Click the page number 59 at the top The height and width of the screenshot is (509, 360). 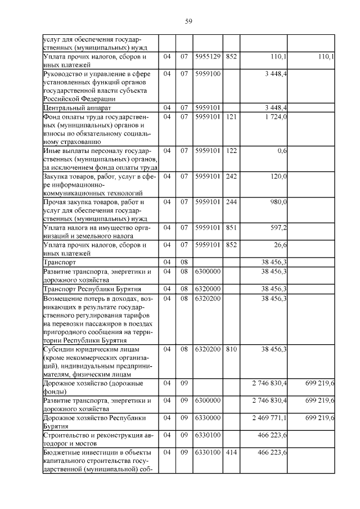[x=189, y=21]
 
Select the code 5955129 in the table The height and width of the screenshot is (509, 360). [x=208, y=57]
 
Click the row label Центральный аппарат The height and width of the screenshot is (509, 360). [x=70, y=107]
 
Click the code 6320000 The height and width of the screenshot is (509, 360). [x=208, y=289]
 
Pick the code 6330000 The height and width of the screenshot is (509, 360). [x=208, y=418]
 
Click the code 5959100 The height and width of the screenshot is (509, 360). [x=208, y=74]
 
